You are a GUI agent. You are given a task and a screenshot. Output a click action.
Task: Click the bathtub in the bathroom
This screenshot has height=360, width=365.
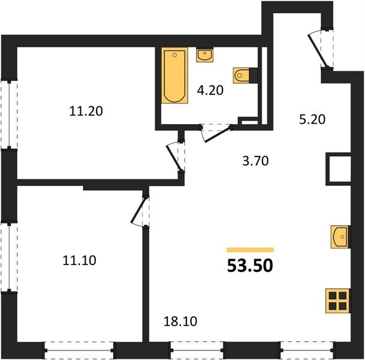[x=174, y=76]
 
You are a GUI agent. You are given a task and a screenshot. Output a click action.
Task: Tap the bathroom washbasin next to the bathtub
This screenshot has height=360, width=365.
[x=204, y=55]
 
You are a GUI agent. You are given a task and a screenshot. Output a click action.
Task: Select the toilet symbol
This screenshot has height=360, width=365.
[x=241, y=75]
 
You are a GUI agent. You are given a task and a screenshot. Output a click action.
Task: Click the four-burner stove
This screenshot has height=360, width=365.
[x=338, y=301]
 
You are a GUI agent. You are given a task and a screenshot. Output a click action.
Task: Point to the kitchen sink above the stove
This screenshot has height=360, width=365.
[x=340, y=237]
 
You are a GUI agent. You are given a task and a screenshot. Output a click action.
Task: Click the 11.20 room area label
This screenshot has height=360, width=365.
[x=86, y=111]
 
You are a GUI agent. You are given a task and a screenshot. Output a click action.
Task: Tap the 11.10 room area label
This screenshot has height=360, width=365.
[x=79, y=260]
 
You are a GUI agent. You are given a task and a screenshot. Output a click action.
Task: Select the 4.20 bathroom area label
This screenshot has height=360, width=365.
[x=210, y=90]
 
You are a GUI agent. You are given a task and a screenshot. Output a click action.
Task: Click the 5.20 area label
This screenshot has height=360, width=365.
[x=312, y=119]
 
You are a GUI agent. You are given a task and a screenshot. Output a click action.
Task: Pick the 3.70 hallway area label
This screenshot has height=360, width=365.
[x=255, y=161]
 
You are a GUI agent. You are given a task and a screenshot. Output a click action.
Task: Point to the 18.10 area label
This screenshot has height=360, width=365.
[x=180, y=322]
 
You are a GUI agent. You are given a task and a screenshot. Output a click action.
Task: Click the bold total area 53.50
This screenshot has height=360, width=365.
[x=250, y=265]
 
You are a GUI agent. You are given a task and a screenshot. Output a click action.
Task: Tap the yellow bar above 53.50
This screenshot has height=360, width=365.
[x=251, y=250]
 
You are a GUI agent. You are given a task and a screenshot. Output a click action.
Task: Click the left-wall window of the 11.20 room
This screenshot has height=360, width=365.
[x=9, y=115]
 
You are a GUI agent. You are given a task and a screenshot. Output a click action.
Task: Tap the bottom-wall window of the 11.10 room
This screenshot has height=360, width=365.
[x=79, y=350]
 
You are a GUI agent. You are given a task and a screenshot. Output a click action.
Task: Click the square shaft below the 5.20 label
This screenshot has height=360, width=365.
[x=338, y=169]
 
